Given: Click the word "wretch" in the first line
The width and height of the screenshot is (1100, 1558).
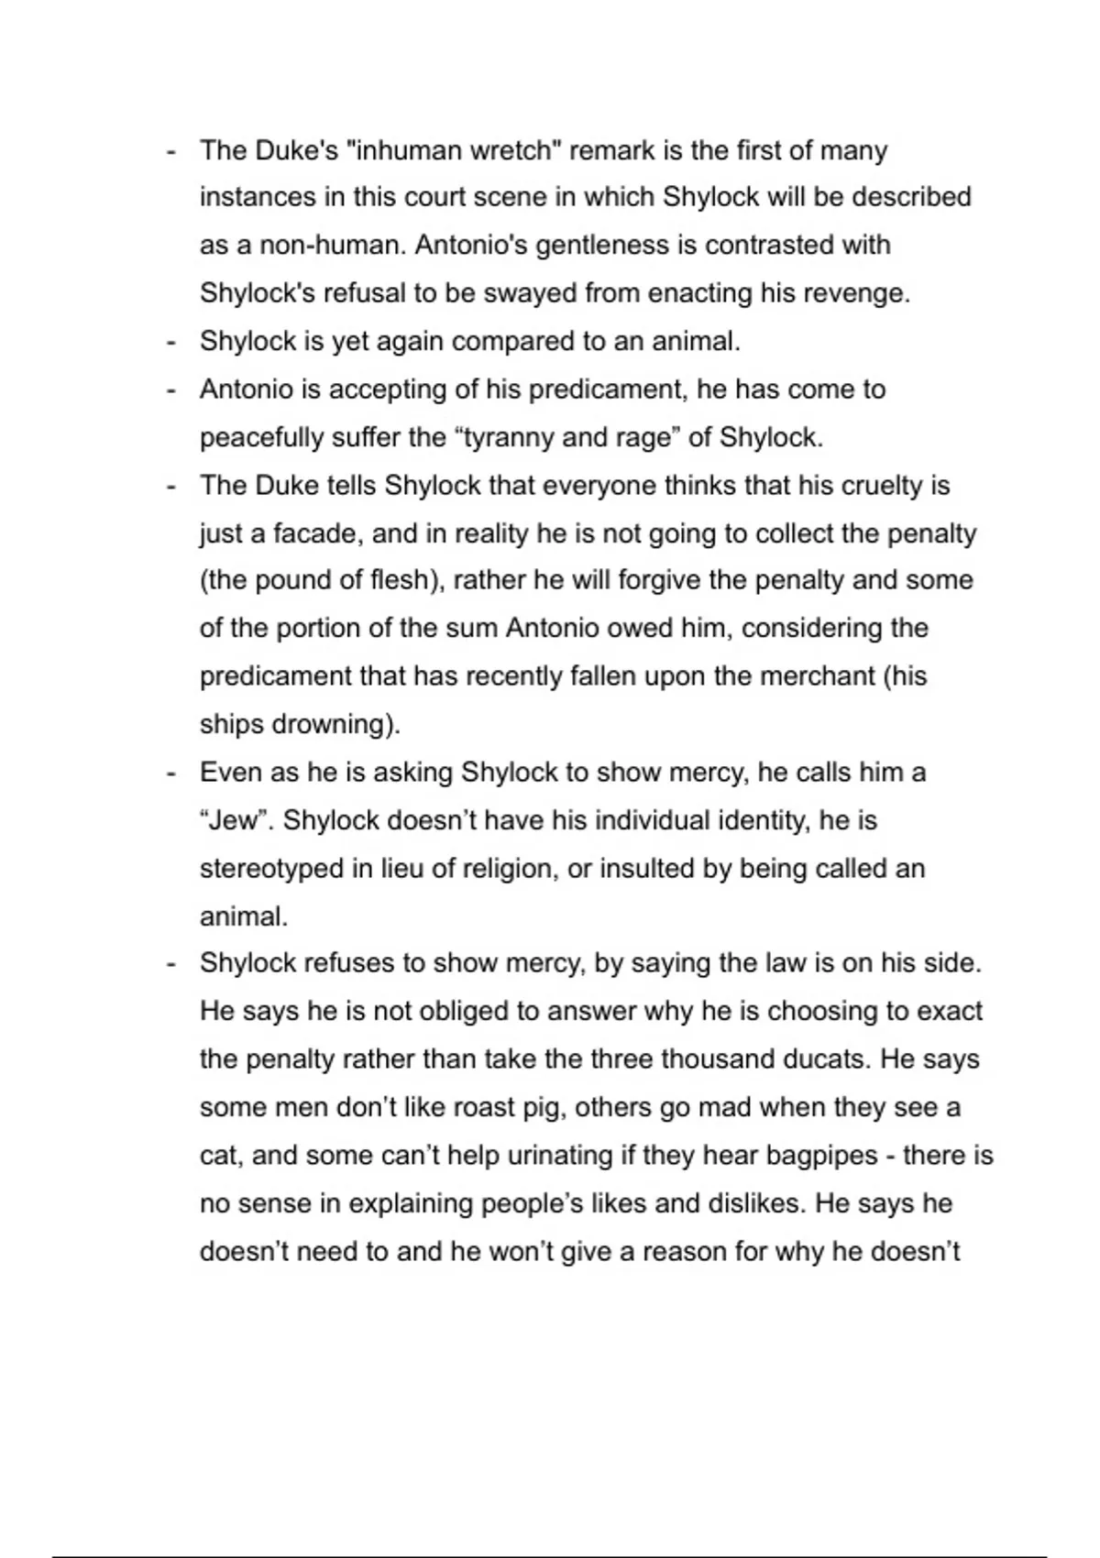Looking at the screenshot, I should [x=512, y=150].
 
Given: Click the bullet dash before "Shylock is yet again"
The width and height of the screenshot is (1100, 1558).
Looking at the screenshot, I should [x=170, y=342].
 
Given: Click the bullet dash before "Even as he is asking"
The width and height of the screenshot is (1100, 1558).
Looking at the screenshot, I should [x=170, y=773].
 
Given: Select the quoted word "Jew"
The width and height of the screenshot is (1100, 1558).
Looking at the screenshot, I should [x=235, y=820].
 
